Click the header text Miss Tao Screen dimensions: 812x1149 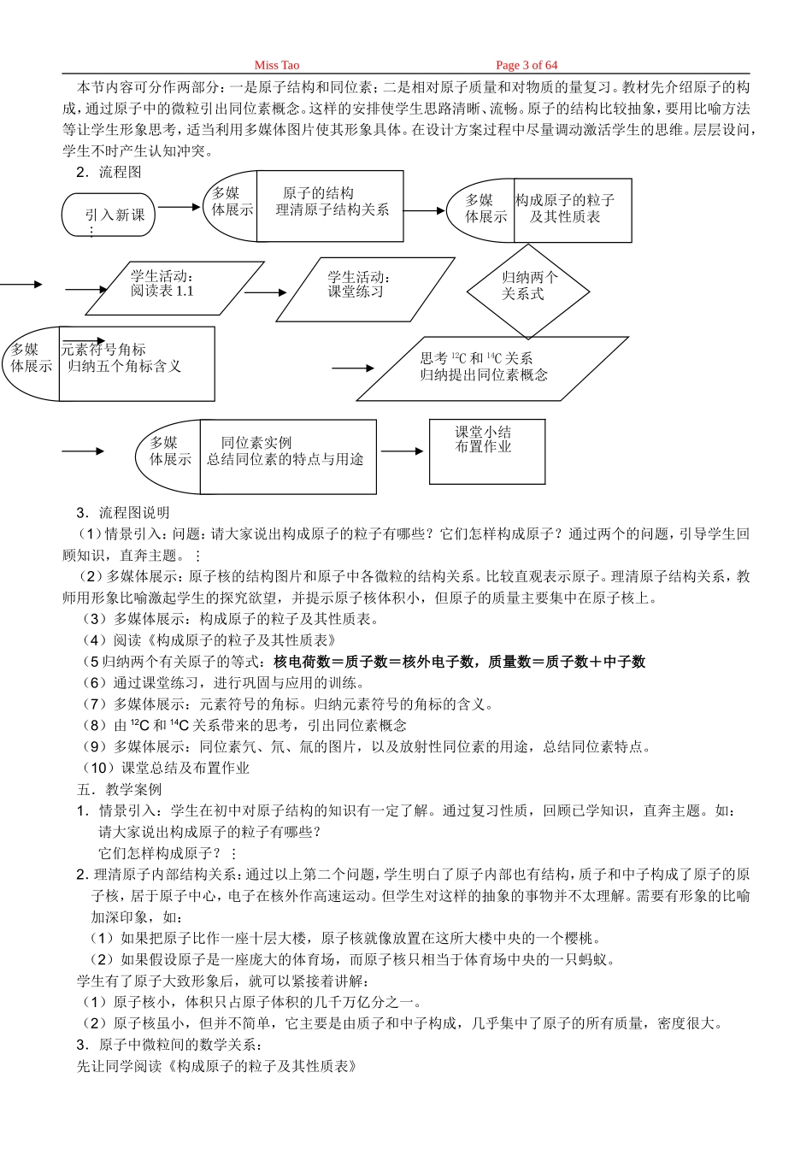click(276, 65)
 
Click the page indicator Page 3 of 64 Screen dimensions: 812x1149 click(527, 65)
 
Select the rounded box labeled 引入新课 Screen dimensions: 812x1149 click(108, 215)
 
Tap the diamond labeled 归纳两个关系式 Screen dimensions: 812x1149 click(528, 291)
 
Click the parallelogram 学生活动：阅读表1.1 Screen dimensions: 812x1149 click(174, 288)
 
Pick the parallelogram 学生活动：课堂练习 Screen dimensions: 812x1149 click(365, 290)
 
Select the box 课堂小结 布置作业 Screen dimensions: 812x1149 click(487, 451)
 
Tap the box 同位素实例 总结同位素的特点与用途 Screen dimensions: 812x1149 click(288, 457)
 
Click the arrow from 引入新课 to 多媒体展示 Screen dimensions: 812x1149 click(179, 207)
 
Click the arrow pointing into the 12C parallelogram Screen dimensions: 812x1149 click(352, 368)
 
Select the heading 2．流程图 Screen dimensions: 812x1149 click(109, 172)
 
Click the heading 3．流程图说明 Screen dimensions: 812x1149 click(122, 513)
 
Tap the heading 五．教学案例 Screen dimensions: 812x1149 click(120, 789)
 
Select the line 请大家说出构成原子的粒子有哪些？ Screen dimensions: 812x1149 click(210, 832)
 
